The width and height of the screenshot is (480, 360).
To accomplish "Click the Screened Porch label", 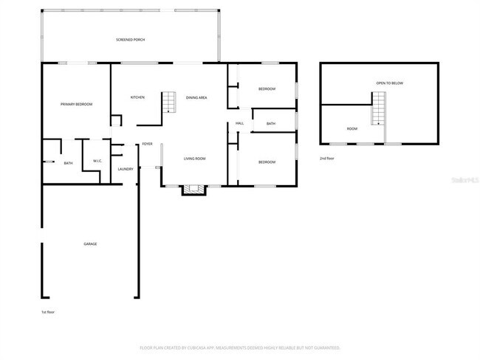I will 129,39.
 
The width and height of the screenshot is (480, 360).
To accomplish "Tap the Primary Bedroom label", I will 76,104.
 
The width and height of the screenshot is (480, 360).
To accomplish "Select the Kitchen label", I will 137,97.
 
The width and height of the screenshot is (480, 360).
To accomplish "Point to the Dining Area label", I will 196,97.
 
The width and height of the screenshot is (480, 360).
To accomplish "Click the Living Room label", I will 194,159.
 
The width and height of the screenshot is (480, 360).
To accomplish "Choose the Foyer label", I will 147,144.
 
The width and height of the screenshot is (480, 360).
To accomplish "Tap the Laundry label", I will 126,169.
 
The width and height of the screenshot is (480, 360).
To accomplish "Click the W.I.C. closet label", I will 97,161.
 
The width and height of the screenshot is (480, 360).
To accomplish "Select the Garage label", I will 90,243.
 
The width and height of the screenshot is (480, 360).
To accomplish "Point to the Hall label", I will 239,123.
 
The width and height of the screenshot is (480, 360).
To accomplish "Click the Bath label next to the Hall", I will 271,123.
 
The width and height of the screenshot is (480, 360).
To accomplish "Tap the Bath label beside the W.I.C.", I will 68,163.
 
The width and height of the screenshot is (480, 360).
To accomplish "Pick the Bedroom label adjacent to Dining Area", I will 267,89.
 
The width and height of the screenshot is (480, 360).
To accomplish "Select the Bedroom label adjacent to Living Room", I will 267,162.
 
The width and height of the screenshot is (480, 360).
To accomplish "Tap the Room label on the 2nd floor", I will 352,128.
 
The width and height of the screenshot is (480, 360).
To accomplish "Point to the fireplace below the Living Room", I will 194,190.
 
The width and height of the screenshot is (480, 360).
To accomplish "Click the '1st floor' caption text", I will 48,312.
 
